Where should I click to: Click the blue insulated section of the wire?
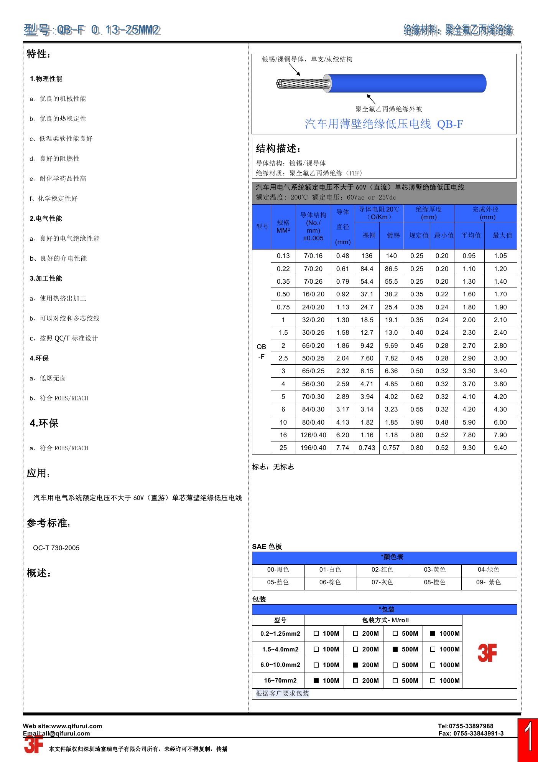pyautogui.click(x=406, y=83)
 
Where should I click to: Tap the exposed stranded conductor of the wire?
pyautogui.click(x=303, y=83)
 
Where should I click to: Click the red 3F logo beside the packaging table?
pyautogui.click(x=487, y=653)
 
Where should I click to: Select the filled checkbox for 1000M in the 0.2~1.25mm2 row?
pyautogui.click(x=433, y=633)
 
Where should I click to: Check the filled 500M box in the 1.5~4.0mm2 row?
pyautogui.click(x=395, y=649)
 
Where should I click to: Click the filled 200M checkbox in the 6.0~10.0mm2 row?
pyautogui.click(x=355, y=665)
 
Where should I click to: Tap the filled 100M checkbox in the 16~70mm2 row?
pyautogui.click(x=316, y=681)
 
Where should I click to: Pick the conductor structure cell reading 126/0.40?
pyautogui.click(x=313, y=435)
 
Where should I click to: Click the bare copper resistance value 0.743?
pyautogui.click(x=367, y=448)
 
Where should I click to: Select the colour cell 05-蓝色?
pyautogui.click(x=278, y=582)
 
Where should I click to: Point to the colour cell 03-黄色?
pyautogui.click(x=434, y=570)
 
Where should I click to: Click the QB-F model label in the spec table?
pyautogui.click(x=261, y=351)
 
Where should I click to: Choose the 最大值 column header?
pyautogui.click(x=502, y=235)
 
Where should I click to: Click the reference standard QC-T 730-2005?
pyautogui.click(x=56, y=548)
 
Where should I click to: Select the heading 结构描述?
pyautogui.click(x=278, y=149)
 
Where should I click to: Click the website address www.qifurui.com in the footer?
pyautogui.click(x=77, y=726)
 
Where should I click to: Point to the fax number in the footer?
pyautogui.click(x=471, y=733)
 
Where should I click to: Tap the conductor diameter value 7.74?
pyautogui.click(x=342, y=448)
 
